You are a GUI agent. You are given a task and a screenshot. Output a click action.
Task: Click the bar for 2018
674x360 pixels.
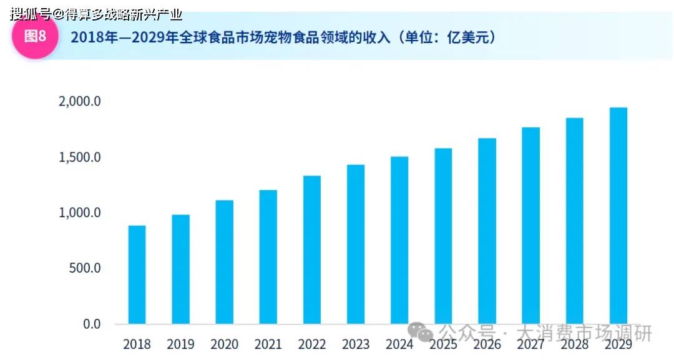point(137,275)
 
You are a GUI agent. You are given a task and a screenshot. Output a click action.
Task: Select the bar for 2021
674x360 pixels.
point(268,256)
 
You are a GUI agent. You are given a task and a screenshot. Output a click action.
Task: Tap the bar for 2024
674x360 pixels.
point(399,240)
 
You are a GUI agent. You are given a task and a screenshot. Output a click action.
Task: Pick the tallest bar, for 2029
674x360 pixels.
point(618,215)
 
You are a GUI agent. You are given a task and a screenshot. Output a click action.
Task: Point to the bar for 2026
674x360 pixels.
point(487,231)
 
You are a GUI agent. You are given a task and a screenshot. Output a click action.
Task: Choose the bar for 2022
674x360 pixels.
point(312,250)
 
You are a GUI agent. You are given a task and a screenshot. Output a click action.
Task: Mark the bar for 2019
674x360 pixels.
point(180,269)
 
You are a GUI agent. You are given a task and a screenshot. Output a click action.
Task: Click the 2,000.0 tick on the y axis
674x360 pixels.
point(79,101)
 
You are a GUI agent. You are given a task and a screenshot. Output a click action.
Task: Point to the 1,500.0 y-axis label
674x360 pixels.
point(79,157)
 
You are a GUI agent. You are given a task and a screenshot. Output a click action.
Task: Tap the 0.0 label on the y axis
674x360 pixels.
point(92,324)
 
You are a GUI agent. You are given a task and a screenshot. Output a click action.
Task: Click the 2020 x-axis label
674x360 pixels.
point(224,344)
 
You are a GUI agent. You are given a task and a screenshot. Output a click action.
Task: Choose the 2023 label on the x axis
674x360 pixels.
point(356,344)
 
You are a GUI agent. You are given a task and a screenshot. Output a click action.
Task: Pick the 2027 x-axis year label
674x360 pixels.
point(530,344)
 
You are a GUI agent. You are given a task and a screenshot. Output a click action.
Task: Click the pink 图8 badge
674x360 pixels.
point(35,36)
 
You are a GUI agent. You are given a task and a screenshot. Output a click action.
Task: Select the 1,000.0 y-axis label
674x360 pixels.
point(79,213)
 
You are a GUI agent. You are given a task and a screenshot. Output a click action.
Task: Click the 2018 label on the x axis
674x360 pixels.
point(137,344)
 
